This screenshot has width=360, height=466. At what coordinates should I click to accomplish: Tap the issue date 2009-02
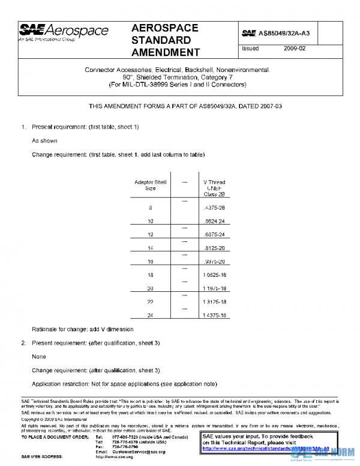294,47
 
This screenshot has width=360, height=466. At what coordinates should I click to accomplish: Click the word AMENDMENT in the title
165,53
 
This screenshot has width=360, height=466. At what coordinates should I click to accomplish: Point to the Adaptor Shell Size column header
150,185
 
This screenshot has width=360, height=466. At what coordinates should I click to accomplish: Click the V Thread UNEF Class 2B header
214,188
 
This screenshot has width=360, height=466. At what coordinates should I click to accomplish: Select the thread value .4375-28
214,208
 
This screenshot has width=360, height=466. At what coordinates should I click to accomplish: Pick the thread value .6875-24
214,234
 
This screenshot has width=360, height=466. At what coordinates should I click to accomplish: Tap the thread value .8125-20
214,247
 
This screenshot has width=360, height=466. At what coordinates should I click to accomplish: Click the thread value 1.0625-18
214,274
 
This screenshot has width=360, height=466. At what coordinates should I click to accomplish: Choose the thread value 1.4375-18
214,315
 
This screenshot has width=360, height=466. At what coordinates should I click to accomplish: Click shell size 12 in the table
150,234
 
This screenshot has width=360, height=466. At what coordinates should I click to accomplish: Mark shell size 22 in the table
150,301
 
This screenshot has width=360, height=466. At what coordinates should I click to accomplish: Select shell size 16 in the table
150,261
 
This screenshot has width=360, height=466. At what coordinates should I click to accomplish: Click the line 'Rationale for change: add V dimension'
82,329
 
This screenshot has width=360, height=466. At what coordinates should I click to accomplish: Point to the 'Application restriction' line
124,384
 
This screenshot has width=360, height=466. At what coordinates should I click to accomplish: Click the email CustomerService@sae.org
135,452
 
